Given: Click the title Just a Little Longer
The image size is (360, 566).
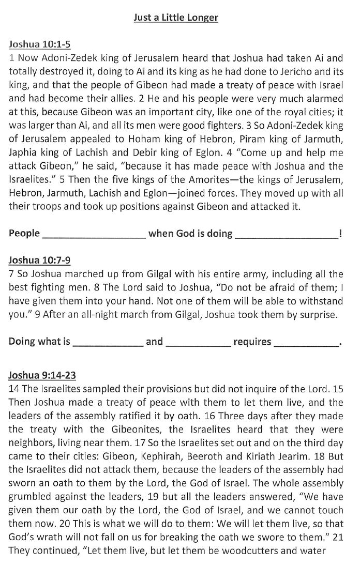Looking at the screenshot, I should [x=176, y=18].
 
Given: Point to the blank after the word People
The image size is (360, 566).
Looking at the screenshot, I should [x=94, y=234].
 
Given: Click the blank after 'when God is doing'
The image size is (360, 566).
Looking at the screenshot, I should [x=287, y=234].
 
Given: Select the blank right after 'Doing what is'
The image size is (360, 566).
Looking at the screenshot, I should [x=108, y=342].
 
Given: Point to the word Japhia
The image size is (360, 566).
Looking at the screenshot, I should [x=25, y=166].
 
